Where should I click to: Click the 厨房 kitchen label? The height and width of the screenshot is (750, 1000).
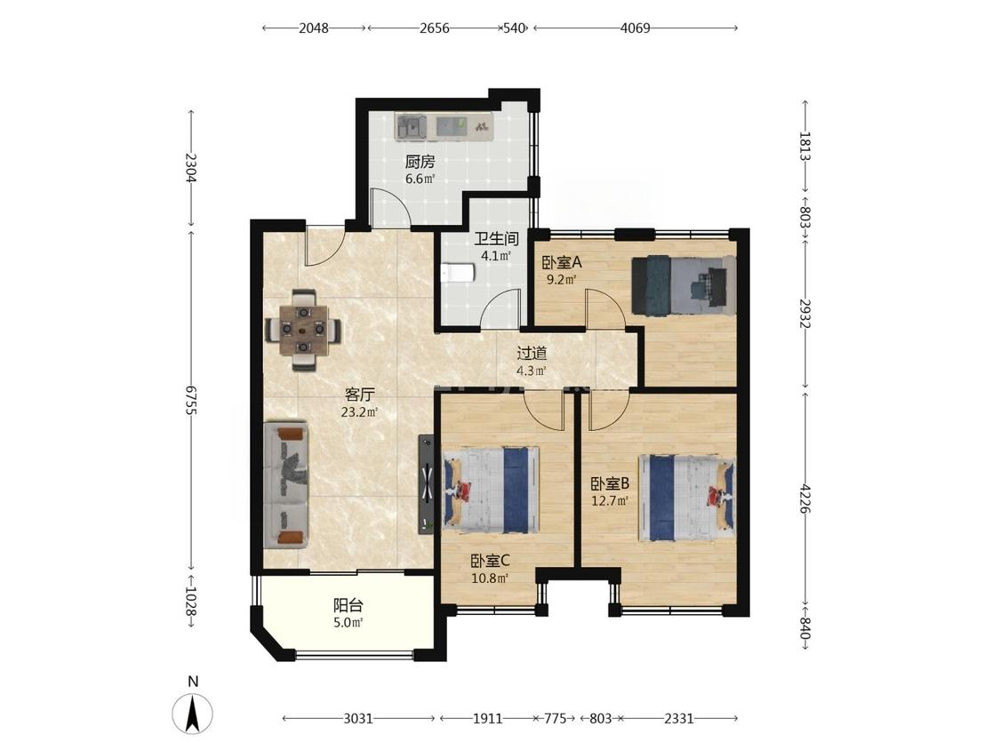(x=420, y=162)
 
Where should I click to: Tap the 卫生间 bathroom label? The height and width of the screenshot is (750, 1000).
(x=495, y=239)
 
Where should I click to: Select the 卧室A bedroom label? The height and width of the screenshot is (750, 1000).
(x=562, y=262)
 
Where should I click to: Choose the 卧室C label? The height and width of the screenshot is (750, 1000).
(x=490, y=562)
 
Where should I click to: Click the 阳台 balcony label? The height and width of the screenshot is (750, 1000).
(x=348, y=605)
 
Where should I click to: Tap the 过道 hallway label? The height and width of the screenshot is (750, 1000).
(x=532, y=353)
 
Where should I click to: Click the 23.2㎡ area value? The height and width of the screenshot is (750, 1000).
(x=360, y=412)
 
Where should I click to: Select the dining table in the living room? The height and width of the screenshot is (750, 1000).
(x=304, y=330)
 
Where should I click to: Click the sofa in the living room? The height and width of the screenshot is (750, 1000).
(x=286, y=484)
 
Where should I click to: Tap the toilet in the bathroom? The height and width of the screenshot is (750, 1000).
(x=457, y=273)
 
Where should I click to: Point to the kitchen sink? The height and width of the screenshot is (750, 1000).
(x=411, y=126)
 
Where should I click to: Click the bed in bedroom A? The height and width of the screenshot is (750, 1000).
(x=683, y=285)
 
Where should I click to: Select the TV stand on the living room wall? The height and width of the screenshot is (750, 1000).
(x=426, y=484)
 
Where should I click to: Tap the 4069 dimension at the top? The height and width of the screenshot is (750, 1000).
(x=635, y=28)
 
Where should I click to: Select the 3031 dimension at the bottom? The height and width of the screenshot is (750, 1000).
(x=358, y=719)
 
